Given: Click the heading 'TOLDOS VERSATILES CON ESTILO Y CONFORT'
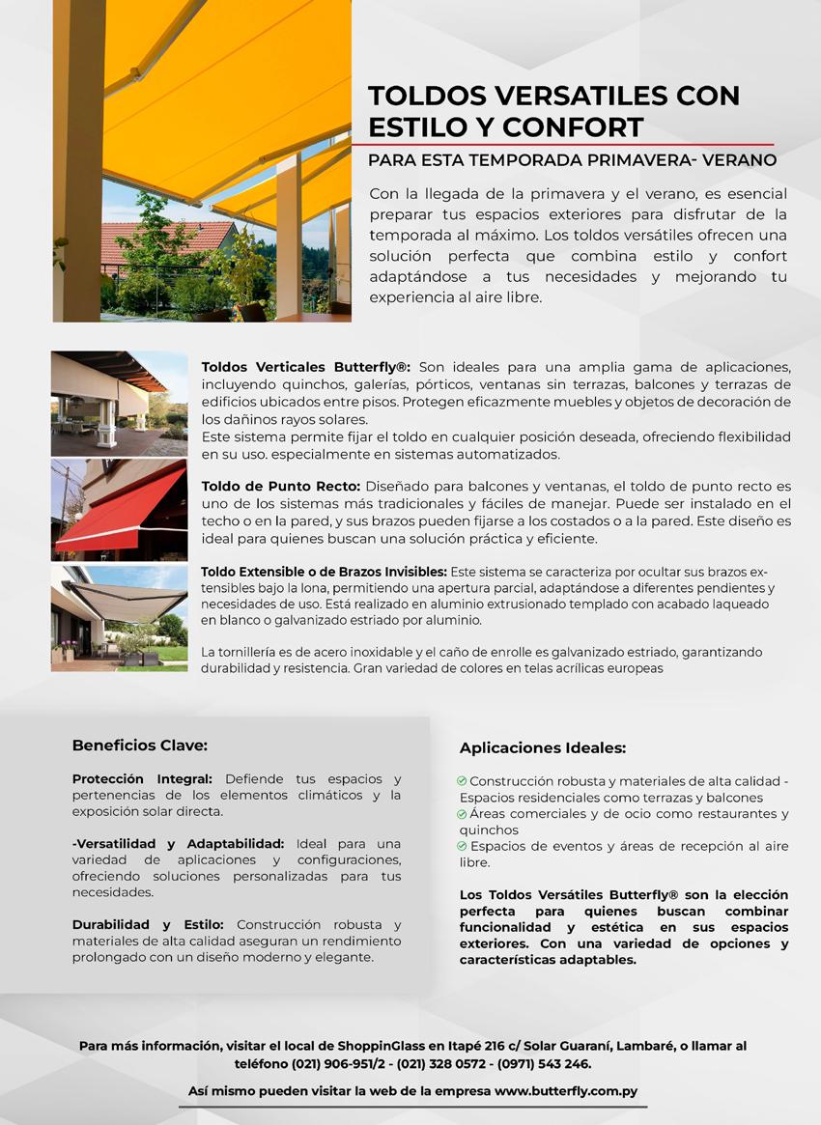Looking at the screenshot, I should (553, 111).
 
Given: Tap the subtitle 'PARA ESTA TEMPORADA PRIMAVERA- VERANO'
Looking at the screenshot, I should (572, 160).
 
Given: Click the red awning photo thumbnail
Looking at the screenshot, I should (120, 510).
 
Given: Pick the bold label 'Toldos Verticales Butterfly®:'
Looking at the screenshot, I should (306, 368).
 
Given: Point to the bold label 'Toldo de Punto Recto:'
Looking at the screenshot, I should (280, 486).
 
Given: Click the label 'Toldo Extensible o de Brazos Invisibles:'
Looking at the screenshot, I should (324, 572).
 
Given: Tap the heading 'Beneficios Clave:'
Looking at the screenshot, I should (140, 745).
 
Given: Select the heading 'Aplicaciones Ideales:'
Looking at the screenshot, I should (543, 747).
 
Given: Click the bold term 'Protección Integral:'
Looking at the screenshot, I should (142, 778).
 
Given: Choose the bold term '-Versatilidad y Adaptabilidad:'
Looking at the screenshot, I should (178, 843).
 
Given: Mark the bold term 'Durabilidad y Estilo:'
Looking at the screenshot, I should (148, 924).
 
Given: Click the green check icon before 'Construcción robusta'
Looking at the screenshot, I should (463, 780).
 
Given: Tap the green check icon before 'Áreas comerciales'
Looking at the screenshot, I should (463, 814).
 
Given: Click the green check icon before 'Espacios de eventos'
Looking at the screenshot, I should (463, 846).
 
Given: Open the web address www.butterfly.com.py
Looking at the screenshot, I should (566, 1091).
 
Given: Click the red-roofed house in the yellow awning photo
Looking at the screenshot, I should (164, 241).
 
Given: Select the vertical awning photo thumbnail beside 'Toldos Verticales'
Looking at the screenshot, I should (120, 404).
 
